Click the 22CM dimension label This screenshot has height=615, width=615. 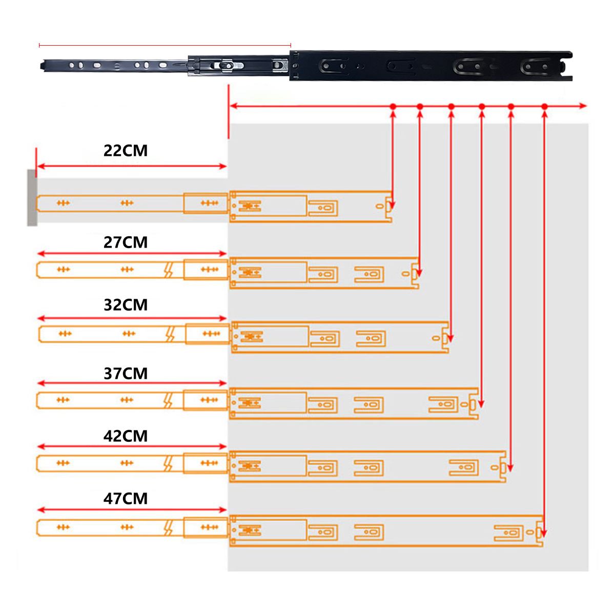pos(126,151)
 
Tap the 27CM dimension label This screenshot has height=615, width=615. pos(126,242)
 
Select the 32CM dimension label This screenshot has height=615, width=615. pos(126,305)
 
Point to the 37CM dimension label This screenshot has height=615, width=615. pos(126,374)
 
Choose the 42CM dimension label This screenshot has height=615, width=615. pos(126,436)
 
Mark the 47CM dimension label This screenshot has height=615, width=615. pos(126,499)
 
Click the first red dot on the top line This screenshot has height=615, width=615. pos(393,107)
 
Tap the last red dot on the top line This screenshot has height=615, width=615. pos(545,107)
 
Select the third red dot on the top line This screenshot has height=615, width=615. pos(451,107)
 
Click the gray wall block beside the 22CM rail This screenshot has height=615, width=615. pos(32,197)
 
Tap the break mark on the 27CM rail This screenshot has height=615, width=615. pos(168,270)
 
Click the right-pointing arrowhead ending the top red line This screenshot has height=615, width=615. pos(583,106)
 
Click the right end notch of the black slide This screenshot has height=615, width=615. pos(568,66)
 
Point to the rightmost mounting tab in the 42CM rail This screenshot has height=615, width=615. pos(464,467)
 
